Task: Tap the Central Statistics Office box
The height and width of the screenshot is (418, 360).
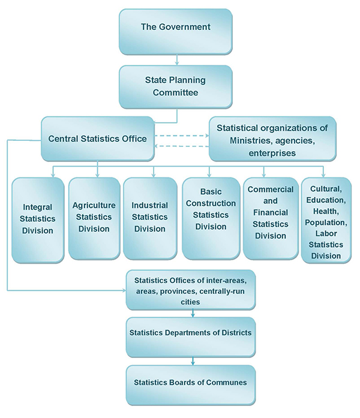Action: (97, 139)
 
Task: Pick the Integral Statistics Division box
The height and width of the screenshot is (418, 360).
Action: (38, 219)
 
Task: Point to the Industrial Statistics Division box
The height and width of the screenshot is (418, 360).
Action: (150, 217)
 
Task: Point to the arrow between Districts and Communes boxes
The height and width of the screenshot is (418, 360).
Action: (193, 361)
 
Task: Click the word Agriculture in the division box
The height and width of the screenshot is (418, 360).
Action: (94, 205)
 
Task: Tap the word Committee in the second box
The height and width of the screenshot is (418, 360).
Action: (175, 93)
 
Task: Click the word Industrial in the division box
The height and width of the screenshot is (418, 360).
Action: (150, 206)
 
